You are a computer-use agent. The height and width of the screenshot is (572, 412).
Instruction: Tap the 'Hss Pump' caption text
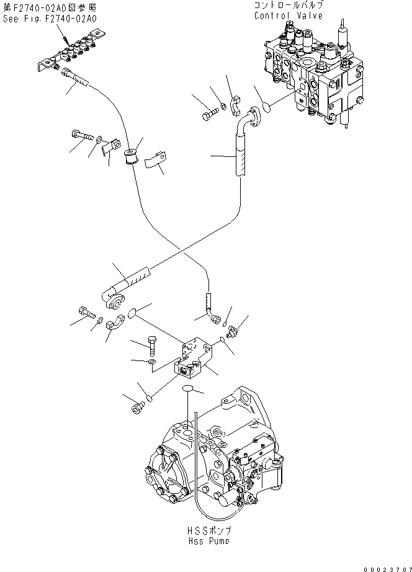click(202, 541)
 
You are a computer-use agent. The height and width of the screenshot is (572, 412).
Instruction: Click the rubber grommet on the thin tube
click(131, 158)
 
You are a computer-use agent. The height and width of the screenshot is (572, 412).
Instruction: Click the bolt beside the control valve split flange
click(211, 114)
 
